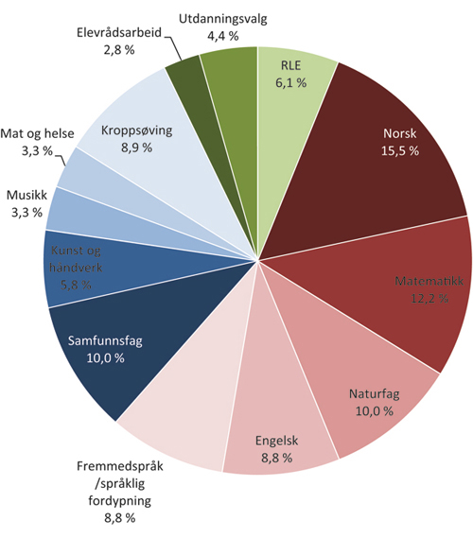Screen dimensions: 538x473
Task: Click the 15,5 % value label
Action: coord(399,150)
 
